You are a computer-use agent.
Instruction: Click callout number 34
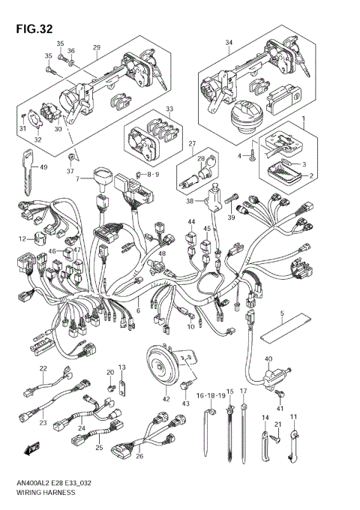click(x=229, y=43)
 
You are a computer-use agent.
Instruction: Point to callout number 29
click(x=96, y=47)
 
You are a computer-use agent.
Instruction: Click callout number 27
click(x=192, y=143)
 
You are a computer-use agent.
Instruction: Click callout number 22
click(x=43, y=368)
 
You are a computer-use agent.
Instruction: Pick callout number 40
click(x=268, y=359)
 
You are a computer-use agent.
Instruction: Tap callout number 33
click(x=169, y=109)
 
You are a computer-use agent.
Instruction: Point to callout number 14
click(x=265, y=417)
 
